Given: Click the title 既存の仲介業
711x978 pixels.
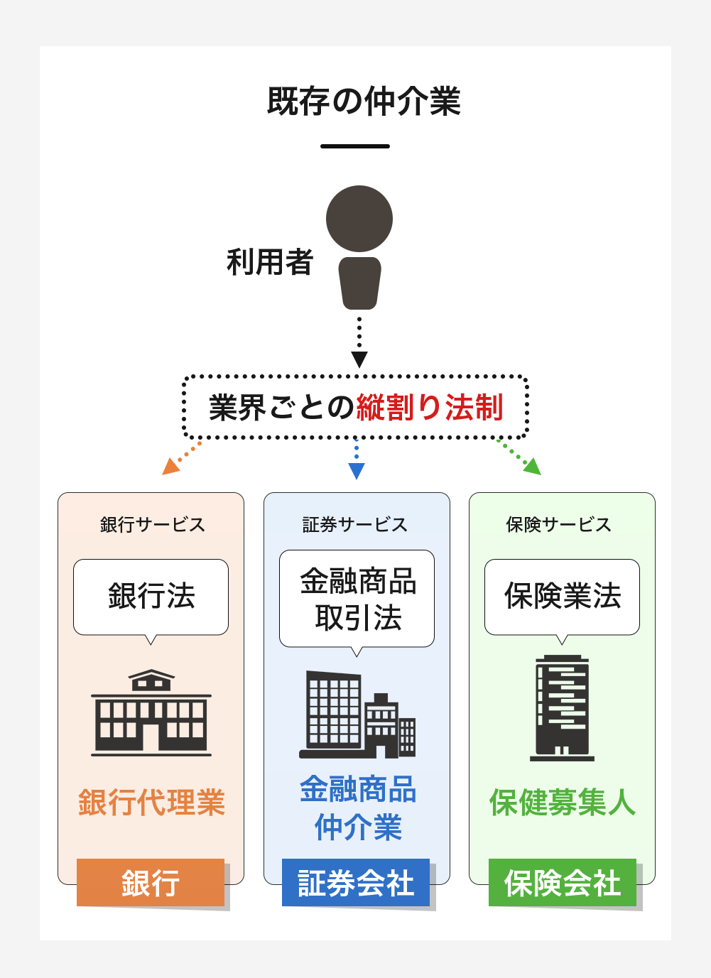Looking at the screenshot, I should [x=364, y=102].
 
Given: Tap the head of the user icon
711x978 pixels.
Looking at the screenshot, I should [x=359, y=219].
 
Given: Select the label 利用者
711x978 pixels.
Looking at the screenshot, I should [x=270, y=262].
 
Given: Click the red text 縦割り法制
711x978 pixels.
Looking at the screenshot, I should [x=430, y=408].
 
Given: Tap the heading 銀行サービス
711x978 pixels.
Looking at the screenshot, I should [x=152, y=525].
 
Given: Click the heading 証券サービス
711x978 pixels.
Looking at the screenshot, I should [x=355, y=525].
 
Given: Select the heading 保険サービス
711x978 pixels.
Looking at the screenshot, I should [x=559, y=525].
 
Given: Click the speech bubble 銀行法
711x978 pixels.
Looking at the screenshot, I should [x=151, y=596].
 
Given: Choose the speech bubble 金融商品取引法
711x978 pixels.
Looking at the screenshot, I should [x=357, y=599].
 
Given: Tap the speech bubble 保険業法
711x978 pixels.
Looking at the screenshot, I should [x=563, y=596].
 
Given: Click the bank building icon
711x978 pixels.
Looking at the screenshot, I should [x=151, y=712].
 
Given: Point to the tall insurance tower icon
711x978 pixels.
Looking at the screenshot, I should [x=563, y=708].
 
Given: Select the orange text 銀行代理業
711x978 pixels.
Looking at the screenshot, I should [x=151, y=803].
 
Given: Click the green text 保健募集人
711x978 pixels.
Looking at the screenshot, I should [x=563, y=803].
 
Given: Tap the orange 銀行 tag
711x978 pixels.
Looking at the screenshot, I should [x=151, y=883].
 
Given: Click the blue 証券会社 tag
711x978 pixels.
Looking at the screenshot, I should [x=356, y=883].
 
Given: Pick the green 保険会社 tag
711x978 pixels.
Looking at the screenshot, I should [x=563, y=883].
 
